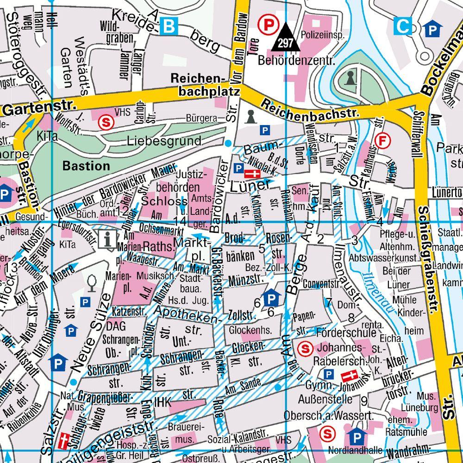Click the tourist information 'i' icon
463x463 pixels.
pyautogui.click(x=108, y=240)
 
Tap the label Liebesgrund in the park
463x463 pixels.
pyautogui.click(x=165, y=140)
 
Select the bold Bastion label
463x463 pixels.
pyautogui.click(x=87, y=165)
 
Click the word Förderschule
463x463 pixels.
pyautogui.click(x=347, y=332)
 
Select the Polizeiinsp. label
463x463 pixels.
pyautogui.click(x=323, y=35)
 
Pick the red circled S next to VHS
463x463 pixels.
pyautogui.click(x=106, y=122)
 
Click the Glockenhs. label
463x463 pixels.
pyautogui.click(x=250, y=330)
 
